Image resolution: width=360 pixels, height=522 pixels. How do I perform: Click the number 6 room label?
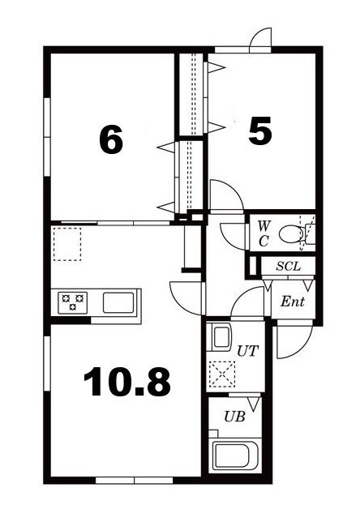coord(111,140)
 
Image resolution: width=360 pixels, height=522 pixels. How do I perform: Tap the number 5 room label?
coord(259,130)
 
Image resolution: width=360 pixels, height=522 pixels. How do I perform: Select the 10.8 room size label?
coord(126,382)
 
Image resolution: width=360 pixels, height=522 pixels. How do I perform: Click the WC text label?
coord(264,234)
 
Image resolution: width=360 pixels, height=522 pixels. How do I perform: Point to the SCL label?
coord(289,267)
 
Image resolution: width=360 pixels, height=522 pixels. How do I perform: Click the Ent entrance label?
coord(293,302)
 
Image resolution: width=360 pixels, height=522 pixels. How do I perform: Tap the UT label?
coord(247,351)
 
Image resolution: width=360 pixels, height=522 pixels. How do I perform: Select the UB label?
coord(234,417)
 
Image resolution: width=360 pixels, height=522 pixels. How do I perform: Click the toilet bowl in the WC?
coord(291,234)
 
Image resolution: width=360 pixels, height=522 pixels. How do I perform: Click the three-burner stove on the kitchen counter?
coord(73,302)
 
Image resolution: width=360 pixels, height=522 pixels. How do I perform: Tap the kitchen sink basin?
coord(118,302)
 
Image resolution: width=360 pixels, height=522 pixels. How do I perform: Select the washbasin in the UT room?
coord(220,337)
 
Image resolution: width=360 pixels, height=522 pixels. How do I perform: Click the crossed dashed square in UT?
coord(222,374)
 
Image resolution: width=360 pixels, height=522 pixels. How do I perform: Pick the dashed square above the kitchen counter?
coord(67,244)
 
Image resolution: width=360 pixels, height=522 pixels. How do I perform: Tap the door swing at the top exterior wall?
coord(260,39)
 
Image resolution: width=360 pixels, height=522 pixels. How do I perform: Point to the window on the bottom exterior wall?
coord(135,480)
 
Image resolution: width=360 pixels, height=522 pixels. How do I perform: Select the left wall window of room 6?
coord(47,137)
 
